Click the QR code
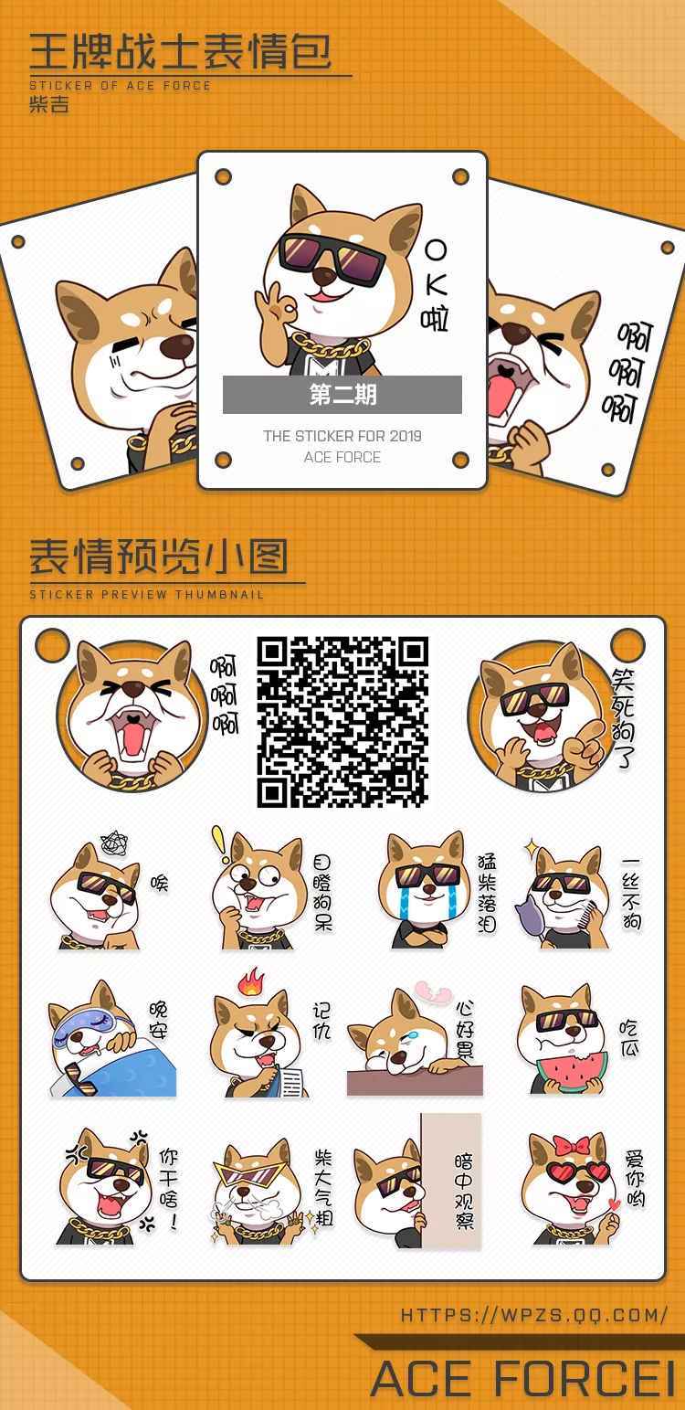click(342, 721)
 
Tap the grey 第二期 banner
click(342, 395)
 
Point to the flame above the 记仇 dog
click(251, 982)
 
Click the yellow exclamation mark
click(220, 843)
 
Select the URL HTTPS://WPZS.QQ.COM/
click(534, 1314)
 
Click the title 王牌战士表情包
click(181, 52)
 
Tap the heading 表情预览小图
click(159, 557)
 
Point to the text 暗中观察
click(464, 1191)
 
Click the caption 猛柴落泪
click(486, 892)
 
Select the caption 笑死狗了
click(623, 718)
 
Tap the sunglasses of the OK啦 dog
click(331, 258)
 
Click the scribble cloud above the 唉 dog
click(114, 843)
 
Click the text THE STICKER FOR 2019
click(342, 436)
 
